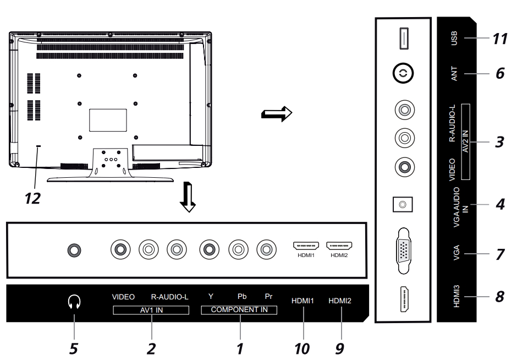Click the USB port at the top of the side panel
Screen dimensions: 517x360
click(x=404, y=39)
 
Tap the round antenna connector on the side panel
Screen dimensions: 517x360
click(x=403, y=73)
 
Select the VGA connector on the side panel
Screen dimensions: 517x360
click(x=404, y=251)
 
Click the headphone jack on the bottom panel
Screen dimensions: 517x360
click(x=74, y=250)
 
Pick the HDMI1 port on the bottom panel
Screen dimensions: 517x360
click(x=306, y=246)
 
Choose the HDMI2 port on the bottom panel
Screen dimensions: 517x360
click(x=339, y=246)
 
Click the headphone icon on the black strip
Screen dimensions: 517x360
click(x=74, y=302)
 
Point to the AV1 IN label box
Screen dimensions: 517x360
click(x=151, y=310)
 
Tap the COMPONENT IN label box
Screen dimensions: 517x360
click(x=239, y=310)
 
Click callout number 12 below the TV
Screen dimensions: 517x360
click(x=32, y=198)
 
